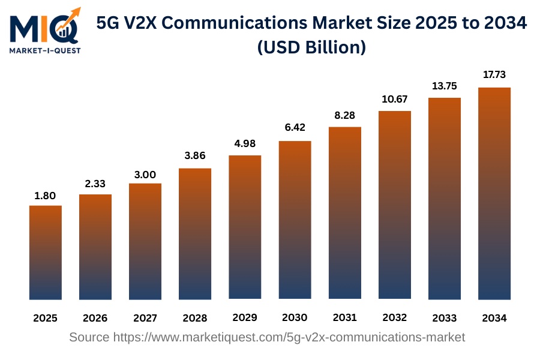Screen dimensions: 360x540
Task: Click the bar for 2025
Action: pos(46,253)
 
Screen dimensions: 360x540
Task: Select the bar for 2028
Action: pos(195,234)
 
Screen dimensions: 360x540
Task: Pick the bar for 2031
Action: pos(344,213)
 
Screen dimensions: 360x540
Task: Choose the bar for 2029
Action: pos(245,227)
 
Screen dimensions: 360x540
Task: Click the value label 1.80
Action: pos(46,196)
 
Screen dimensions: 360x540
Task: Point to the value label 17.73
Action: pos(494,75)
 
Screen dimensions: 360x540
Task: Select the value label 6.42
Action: pos(295,128)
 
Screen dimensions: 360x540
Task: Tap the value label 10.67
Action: pos(394,98)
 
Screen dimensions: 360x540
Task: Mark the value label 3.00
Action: pos(145,175)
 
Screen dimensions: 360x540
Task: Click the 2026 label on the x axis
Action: pos(95,318)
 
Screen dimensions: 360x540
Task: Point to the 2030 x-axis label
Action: pos(295,317)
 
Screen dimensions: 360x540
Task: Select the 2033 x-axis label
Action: pos(444,318)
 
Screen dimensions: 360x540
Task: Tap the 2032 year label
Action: pos(394,317)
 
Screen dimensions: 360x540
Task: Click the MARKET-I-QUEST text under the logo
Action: pos(45,50)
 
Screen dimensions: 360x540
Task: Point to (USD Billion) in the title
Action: pos(311,47)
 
